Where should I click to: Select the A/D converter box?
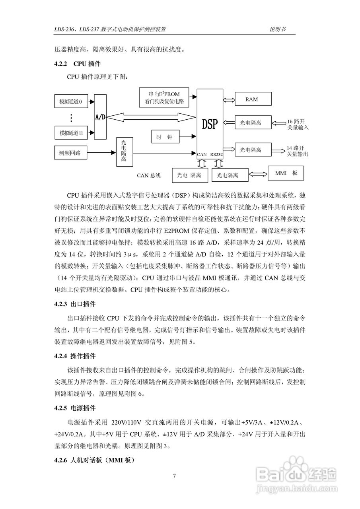(x=100, y=117)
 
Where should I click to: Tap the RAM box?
(x=251, y=99)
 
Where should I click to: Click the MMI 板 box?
(x=286, y=173)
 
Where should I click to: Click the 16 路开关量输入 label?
(x=298, y=124)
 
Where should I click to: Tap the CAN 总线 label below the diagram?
(x=149, y=175)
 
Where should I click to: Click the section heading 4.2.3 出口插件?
(x=75, y=305)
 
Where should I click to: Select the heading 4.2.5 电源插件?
(x=75, y=408)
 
